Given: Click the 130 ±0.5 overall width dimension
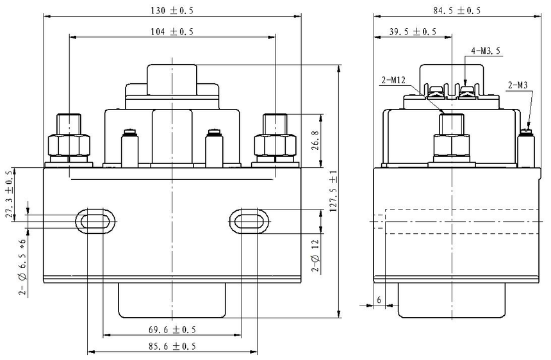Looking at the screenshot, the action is point(172,10).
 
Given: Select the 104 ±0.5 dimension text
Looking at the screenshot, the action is point(172,31).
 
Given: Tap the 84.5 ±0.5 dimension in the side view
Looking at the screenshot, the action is point(456,10).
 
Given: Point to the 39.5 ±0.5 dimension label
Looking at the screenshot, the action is point(413,31).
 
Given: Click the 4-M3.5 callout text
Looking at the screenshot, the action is point(485,51).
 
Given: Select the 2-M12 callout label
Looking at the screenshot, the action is point(393,81).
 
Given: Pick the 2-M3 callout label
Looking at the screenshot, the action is point(518,85).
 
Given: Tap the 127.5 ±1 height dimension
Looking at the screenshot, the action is point(333,192).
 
